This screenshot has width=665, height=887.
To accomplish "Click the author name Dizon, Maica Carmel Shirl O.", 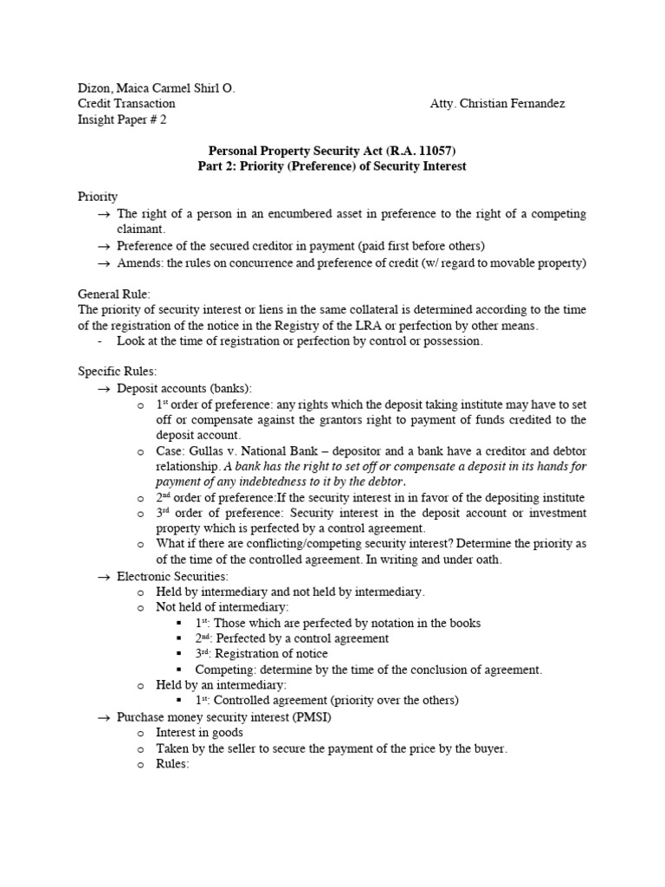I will point(157,88).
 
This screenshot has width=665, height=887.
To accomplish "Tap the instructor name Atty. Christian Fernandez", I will point(497,104).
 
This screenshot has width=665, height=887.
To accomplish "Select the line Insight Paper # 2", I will point(122,120).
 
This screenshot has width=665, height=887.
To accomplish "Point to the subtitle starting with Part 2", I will point(332,166).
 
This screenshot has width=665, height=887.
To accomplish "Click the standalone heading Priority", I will point(98,197).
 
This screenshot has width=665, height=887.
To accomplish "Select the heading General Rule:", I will point(114,295).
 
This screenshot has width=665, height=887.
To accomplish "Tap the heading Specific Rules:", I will point(118,372).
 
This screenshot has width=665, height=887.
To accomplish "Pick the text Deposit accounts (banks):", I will point(184,388).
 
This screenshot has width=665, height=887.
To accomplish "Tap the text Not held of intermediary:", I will point(223,607).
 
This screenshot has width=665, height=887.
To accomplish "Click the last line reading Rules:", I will point(172,764).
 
